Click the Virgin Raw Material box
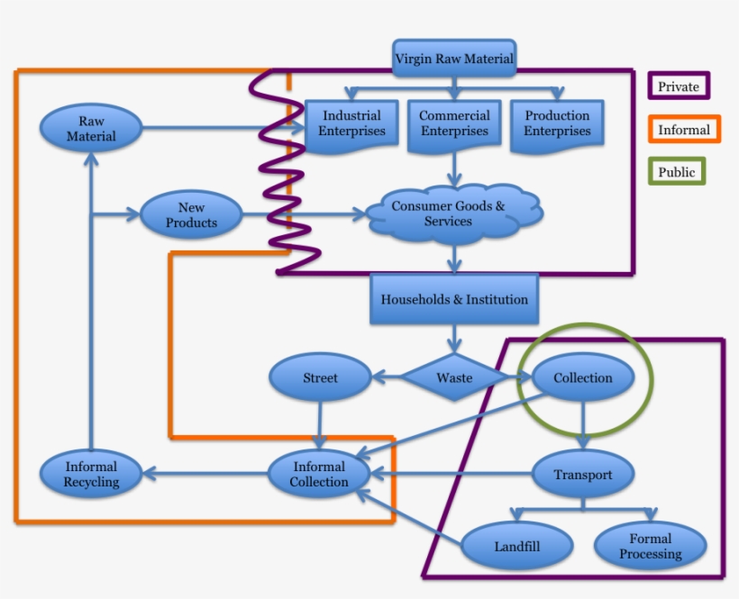(454, 59)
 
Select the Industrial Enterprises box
(351, 123)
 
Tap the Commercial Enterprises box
(454, 123)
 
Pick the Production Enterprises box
(557, 123)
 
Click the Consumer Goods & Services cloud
(449, 213)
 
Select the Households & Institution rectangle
(454, 299)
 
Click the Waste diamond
(454, 377)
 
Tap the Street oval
(320, 377)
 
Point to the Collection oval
(583, 377)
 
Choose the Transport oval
(583, 475)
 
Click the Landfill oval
(518, 546)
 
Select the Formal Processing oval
(651, 546)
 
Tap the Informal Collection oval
(319, 474)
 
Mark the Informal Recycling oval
(91, 474)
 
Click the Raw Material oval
(91, 129)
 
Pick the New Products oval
(191, 214)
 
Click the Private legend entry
(679, 86)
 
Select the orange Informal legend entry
(683, 130)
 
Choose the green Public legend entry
(676, 171)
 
